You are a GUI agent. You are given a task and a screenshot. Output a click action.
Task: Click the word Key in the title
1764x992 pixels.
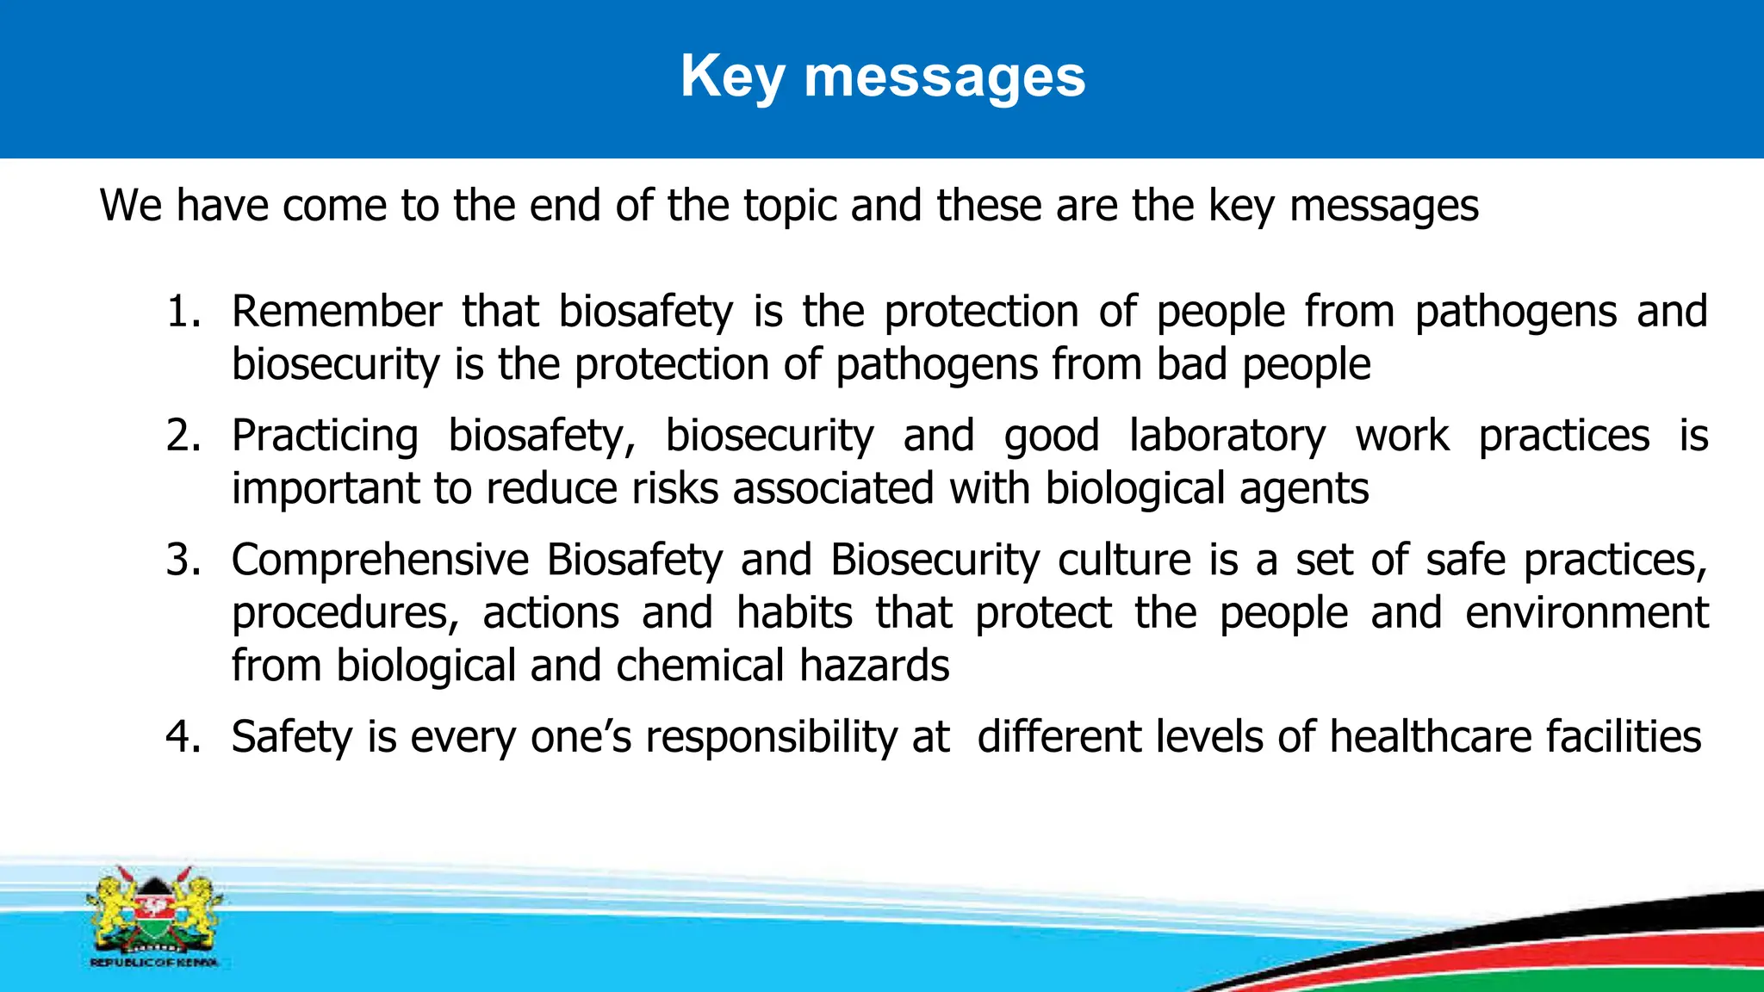click(x=732, y=77)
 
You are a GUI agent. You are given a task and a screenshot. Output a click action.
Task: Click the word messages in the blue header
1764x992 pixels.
click(x=944, y=77)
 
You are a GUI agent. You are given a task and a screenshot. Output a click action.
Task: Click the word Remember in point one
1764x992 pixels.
click(x=336, y=312)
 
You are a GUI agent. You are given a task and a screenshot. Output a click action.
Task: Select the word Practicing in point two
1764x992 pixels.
click(x=325, y=436)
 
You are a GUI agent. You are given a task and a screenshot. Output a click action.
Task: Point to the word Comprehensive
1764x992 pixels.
click(x=379, y=560)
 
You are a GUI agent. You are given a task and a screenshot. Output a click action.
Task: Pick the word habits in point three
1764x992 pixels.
click(x=794, y=613)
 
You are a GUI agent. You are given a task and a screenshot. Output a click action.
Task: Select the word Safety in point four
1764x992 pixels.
click(x=292, y=737)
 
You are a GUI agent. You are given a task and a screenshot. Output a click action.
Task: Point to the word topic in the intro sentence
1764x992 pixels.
click(x=790, y=207)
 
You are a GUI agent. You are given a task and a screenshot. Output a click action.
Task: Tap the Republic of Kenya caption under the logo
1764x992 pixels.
click(x=154, y=962)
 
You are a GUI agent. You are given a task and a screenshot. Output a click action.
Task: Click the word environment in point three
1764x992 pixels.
click(x=1587, y=613)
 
